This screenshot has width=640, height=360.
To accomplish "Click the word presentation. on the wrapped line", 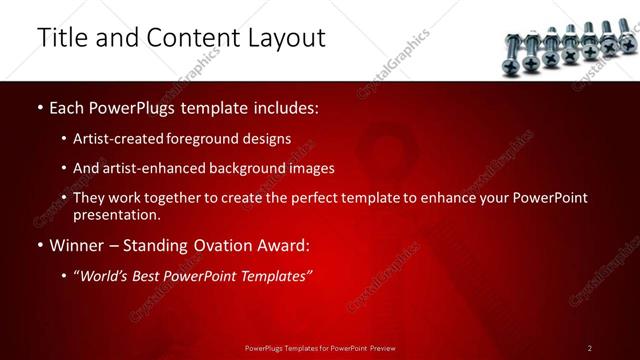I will (x=117, y=215).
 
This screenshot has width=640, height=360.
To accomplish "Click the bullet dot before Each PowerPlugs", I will (x=40, y=107).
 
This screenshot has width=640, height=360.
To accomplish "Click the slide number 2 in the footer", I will (x=590, y=348).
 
